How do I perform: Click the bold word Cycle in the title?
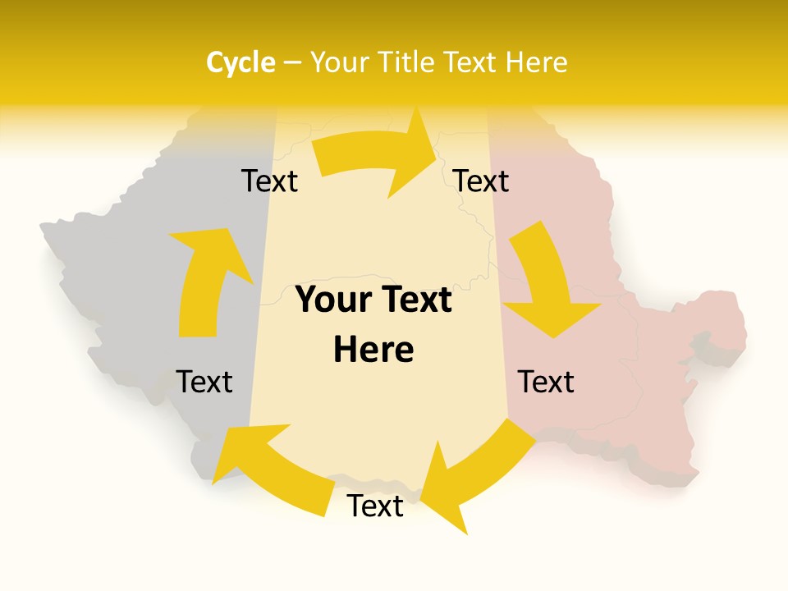coord(241,62)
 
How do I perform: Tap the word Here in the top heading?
coord(538,62)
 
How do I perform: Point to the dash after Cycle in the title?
coord(291,63)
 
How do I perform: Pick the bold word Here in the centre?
coord(373,350)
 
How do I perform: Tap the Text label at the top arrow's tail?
coord(269,181)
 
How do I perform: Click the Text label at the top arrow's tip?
coord(481,181)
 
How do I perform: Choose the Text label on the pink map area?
coord(546,382)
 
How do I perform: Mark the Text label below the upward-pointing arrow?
coord(204,382)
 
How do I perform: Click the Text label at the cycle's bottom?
coord(375,506)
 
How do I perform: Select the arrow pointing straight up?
coord(205,279)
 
